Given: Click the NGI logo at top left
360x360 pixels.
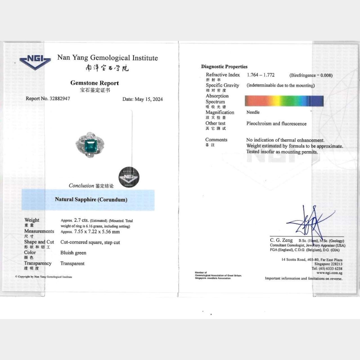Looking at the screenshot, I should [x=35, y=62].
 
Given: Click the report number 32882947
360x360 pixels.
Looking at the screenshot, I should [x=60, y=98].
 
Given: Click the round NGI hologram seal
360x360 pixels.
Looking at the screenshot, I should [x=129, y=177].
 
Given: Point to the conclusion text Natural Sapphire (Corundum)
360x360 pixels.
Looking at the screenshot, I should [x=91, y=199].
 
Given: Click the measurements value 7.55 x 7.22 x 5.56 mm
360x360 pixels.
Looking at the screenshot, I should [x=97, y=232].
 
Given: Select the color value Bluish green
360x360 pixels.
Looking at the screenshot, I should [x=73, y=253].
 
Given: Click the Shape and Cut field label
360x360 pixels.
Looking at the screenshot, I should [x=39, y=242].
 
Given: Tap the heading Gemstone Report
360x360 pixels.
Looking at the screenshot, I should [x=94, y=83].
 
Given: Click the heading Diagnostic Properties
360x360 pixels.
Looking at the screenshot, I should [x=224, y=67].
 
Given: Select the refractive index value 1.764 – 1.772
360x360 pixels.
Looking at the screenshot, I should [x=261, y=75].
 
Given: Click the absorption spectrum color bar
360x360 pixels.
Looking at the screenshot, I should [x=284, y=101].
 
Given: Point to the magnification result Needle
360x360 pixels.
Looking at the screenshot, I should [x=253, y=112].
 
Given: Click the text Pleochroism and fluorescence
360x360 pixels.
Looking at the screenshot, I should [x=276, y=123].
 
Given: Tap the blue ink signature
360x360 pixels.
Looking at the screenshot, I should [x=308, y=222].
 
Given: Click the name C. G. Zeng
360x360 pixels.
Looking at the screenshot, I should [x=281, y=240].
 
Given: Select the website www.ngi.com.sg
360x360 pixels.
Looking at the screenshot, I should [x=329, y=273].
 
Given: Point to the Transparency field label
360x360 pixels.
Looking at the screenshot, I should [x=38, y=263].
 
